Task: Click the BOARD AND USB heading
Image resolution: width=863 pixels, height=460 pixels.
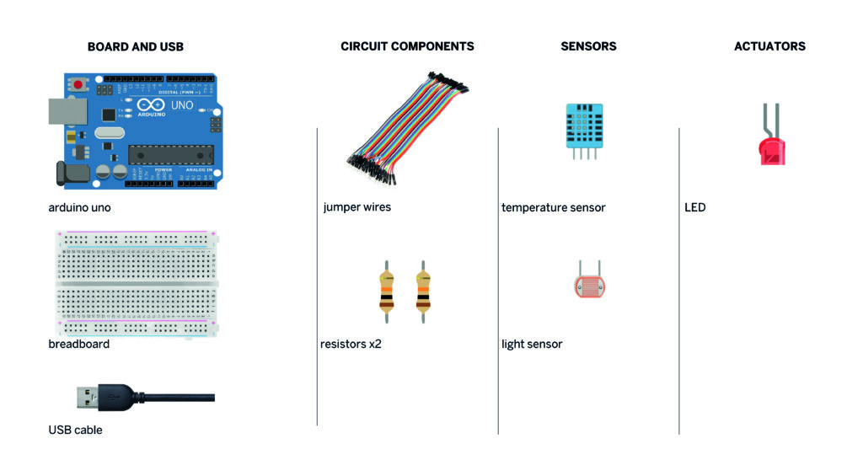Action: [x=135, y=47]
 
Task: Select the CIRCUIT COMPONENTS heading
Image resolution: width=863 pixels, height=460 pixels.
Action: [x=407, y=46]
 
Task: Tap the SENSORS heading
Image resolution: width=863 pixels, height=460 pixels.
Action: [x=588, y=46]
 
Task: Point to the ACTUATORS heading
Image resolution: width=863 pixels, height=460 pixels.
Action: [x=769, y=46]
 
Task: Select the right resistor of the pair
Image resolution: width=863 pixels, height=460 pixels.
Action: [x=422, y=292]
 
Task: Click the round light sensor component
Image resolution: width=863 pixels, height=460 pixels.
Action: [x=585, y=286]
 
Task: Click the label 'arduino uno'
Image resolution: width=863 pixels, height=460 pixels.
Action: [x=79, y=207]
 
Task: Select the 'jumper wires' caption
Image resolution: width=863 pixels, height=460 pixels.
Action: [x=356, y=207]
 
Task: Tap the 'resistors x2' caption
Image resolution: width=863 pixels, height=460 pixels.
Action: [x=351, y=344]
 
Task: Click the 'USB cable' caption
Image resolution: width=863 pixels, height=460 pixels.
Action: [x=75, y=430]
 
